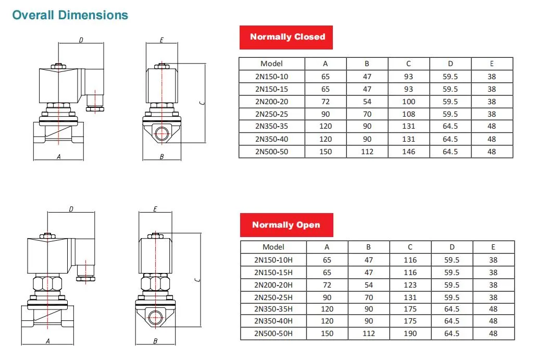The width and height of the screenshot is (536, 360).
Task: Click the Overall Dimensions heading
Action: (70, 15)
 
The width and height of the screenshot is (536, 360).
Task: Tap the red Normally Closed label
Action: (286, 38)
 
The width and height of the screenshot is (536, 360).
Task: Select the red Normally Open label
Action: (286, 225)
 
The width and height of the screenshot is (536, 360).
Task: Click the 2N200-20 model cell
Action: (272, 102)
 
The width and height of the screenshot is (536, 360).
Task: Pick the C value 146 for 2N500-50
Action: (408, 152)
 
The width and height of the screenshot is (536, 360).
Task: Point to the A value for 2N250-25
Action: (326, 114)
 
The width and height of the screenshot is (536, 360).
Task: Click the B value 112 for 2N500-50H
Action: (368, 333)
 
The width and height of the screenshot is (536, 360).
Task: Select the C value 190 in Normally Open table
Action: (410, 333)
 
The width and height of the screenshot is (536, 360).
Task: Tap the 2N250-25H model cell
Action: (273, 297)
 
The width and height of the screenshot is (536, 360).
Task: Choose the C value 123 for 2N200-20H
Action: (410, 285)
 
